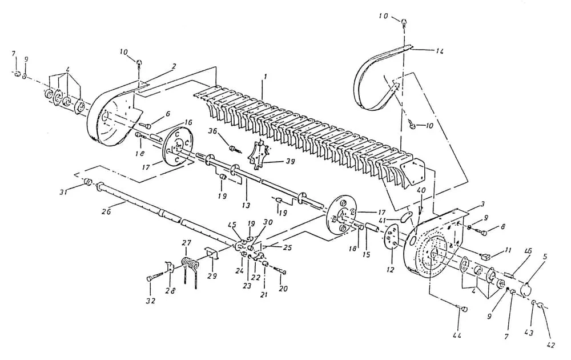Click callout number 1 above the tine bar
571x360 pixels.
point(263,75)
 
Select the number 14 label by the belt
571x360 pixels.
point(440,51)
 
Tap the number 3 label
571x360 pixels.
point(482,203)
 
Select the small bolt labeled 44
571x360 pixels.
point(463,309)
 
